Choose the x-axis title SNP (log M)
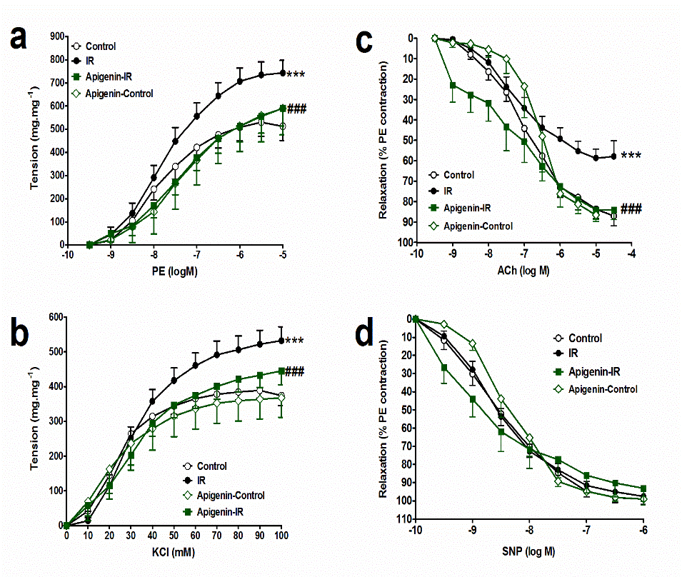point(529,551)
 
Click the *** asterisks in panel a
point(296,75)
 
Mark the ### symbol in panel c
point(631,209)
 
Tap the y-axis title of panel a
point(34,140)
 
